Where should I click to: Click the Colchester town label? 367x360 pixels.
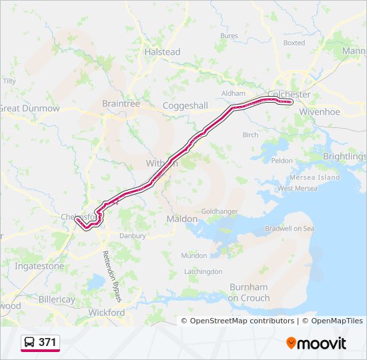289,95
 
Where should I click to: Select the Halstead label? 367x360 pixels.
163,51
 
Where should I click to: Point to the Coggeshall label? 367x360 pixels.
186,105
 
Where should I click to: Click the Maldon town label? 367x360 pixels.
182,219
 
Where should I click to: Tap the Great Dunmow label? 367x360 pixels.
29,108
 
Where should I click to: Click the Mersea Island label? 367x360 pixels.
318,177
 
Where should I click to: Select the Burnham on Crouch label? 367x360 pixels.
248,292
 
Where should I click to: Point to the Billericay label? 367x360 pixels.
57,299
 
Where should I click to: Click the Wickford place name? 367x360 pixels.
107,312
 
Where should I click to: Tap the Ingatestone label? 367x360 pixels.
39,266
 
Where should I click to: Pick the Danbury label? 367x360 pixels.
131,235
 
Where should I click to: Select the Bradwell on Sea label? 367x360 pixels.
289,229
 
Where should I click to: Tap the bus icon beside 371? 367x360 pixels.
31,343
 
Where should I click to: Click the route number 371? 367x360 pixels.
48,343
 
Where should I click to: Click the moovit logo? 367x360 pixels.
316,343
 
